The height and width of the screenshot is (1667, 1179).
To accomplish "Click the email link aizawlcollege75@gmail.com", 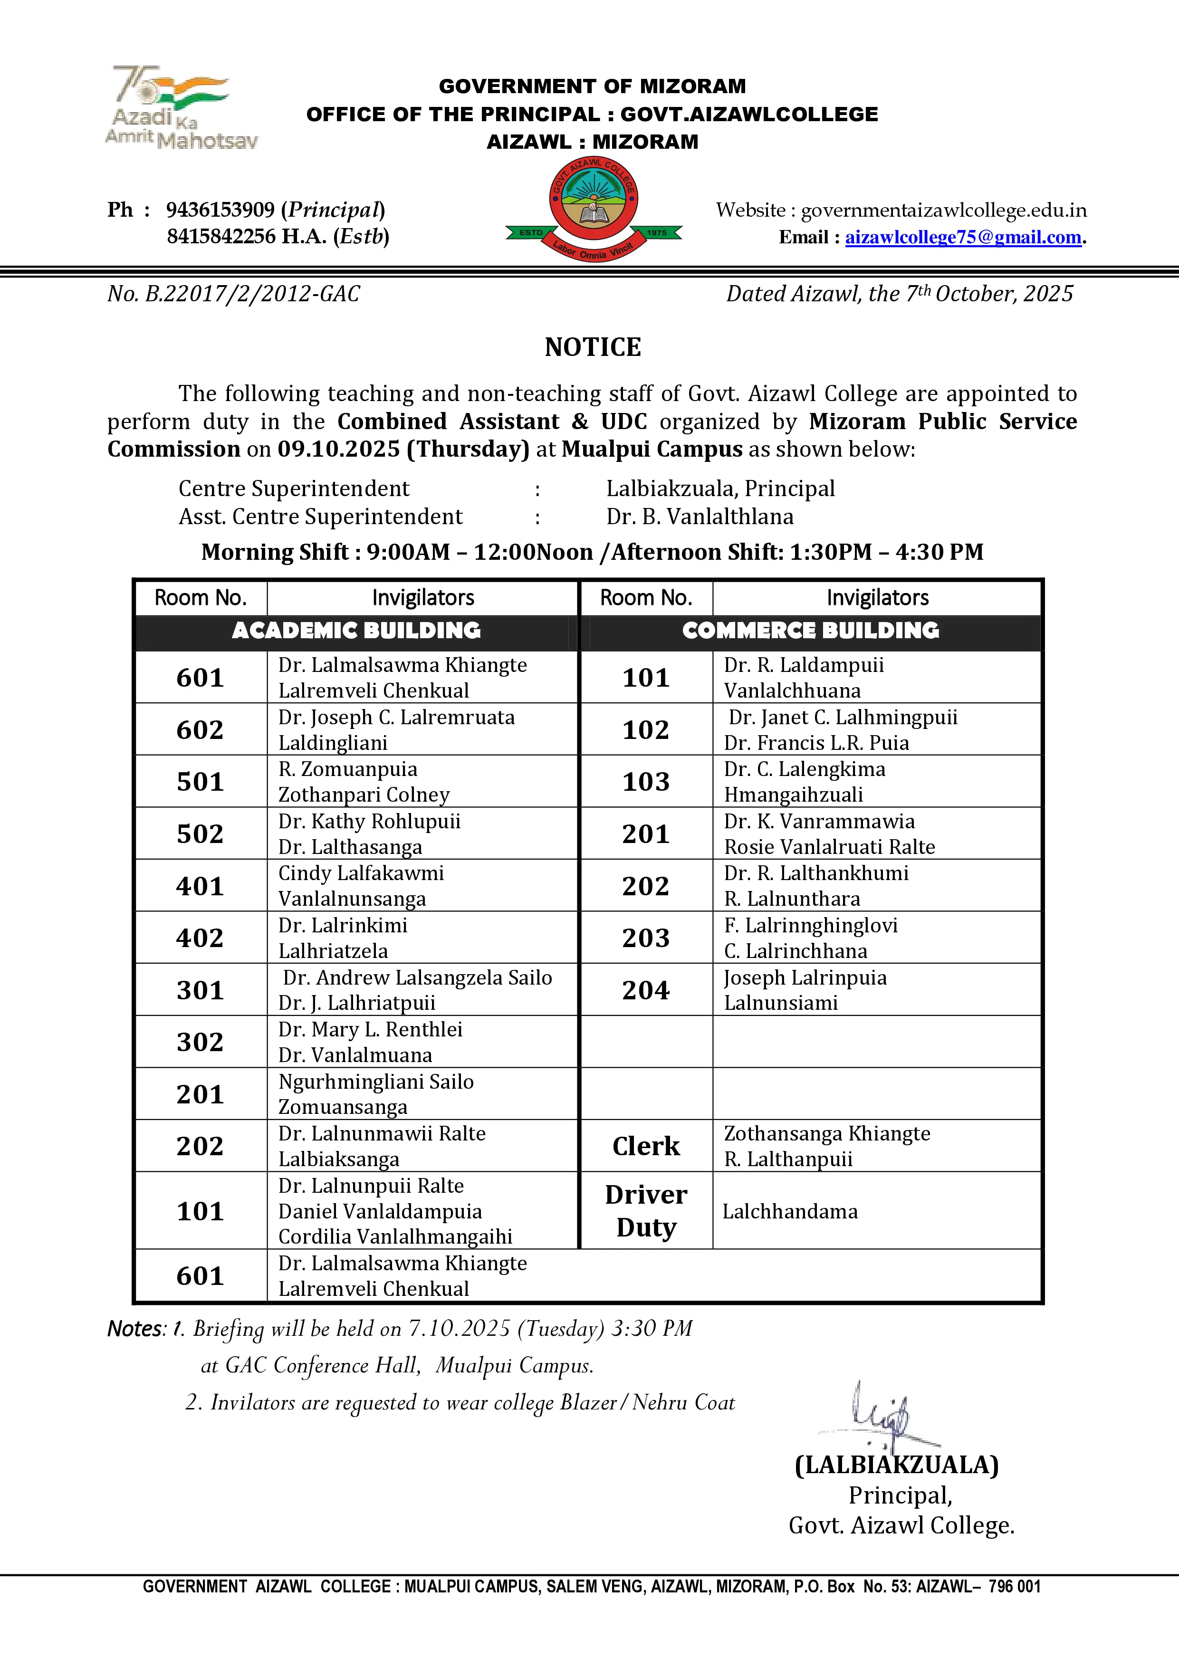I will tap(963, 238).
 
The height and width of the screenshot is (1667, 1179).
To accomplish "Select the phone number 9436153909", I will tap(220, 210).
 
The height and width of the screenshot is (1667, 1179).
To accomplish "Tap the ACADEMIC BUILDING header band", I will tap(356, 630).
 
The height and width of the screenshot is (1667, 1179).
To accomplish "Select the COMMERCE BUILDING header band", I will tap(810, 630).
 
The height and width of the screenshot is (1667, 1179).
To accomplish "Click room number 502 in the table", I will tap(200, 833).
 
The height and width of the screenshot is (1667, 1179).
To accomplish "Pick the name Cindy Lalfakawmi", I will tap(361, 873).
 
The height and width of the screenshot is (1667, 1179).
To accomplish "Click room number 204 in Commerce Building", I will tap(645, 989).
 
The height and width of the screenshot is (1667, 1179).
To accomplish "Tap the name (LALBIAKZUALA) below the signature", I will tap(897, 1465).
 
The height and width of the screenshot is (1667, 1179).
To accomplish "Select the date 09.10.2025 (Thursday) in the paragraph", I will tap(403, 450).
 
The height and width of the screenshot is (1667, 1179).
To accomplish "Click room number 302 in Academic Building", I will tap(200, 1042).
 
